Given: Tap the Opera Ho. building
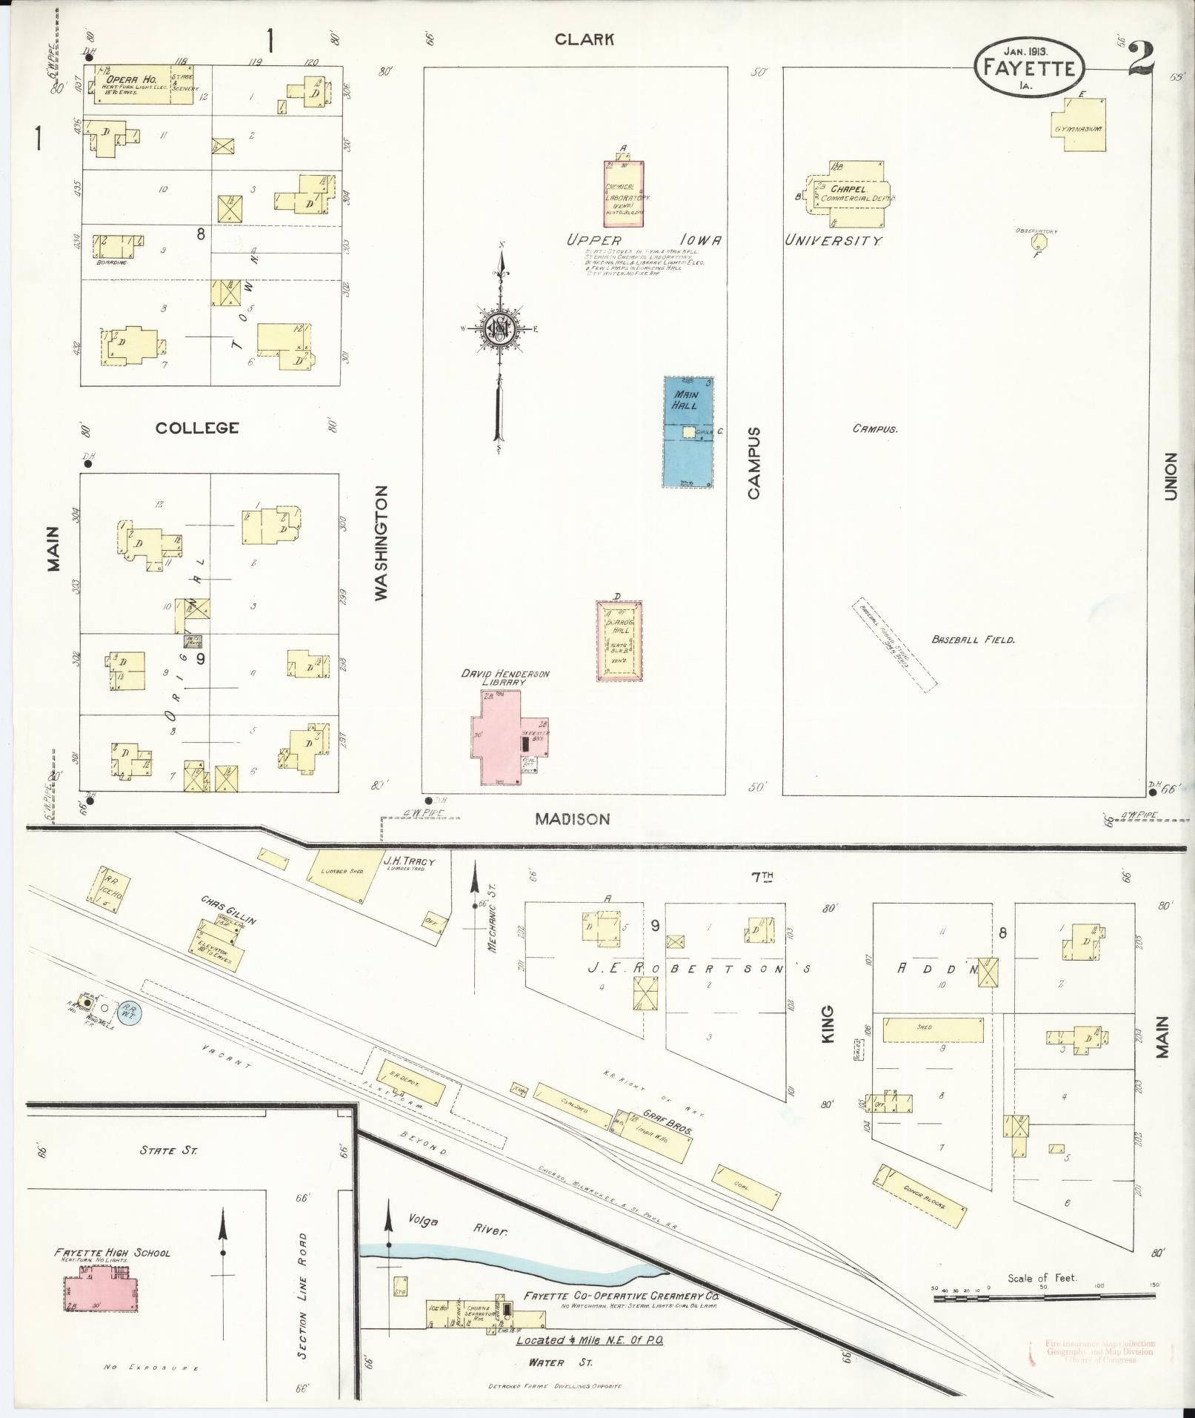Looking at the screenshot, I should tap(141, 85).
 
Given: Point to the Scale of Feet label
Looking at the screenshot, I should tap(1042, 1277).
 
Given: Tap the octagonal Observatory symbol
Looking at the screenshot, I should tap(1041, 242).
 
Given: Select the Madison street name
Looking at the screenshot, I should tap(573, 818).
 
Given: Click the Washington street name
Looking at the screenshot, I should tap(382, 543).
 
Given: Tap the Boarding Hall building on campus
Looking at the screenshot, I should tap(619, 640).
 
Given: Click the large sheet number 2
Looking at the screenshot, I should tap(1142, 59).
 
